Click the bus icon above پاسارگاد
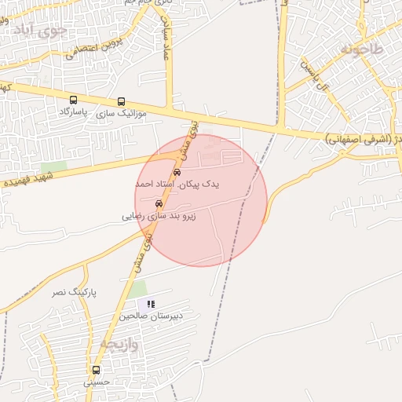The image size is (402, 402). (x=74, y=100)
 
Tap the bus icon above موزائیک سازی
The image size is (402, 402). (x=121, y=101)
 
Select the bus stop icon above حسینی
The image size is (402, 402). (x=97, y=370)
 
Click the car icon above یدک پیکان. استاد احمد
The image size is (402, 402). (x=177, y=171)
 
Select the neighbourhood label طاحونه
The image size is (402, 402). (x=362, y=49)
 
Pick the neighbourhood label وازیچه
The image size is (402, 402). (x=119, y=344)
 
